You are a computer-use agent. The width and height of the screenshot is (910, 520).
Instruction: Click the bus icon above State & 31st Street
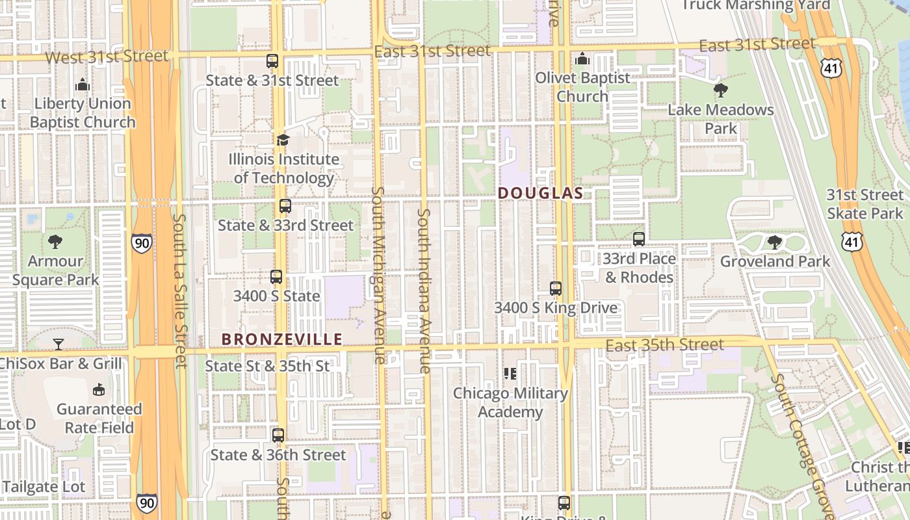(x=272, y=61)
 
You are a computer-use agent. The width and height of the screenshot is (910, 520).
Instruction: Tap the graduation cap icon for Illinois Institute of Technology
(x=282, y=140)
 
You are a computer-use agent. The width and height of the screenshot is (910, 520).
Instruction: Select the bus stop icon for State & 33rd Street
(x=285, y=206)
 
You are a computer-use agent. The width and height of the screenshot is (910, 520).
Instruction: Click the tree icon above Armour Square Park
(x=56, y=242)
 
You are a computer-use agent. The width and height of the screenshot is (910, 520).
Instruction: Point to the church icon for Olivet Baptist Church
(x=582, y=59)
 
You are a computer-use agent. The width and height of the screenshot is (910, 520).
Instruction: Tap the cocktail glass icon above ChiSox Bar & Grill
(x=58, y=344)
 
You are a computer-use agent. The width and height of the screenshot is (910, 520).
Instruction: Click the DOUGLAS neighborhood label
(x=541, y=194)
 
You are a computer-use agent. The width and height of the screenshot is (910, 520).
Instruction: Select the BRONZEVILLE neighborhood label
(x=281, y=339)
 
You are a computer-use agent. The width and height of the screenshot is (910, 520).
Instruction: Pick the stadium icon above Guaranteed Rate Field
(x=99, y=389)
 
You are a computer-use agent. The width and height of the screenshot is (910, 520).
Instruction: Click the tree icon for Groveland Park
(x=774, y=242)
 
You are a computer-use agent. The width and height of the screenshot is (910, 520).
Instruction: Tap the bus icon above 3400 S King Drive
(x=556, y=289)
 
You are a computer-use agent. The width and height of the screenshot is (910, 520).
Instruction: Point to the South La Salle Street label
(x=180, y=291)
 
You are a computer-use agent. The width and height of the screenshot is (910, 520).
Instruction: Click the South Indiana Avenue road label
(x=424, y=291)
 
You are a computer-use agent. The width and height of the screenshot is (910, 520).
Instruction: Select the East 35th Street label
(x=664, y=344)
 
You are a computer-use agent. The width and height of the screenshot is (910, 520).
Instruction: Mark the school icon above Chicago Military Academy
(x=510, y=374)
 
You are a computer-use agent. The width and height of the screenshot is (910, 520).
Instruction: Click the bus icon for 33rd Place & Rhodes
(x=639, y=239)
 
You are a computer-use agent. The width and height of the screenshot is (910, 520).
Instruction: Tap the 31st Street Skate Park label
(x=864, y=204)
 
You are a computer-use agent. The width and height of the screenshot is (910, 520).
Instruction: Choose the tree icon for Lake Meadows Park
(x=720, y=90)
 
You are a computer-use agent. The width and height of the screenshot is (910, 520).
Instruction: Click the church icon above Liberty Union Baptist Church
(x=82, y=84)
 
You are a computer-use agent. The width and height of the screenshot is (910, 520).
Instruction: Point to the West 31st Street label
(x=107, y=57)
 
